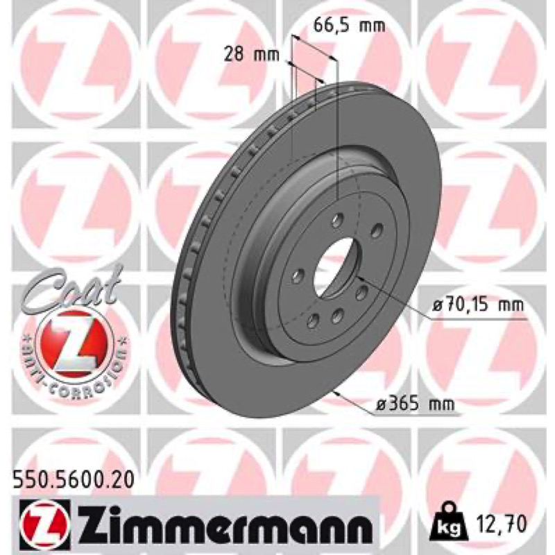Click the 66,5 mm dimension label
tap(349, 26)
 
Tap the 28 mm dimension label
tap(252, 55)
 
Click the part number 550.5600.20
tap(74, 480)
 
